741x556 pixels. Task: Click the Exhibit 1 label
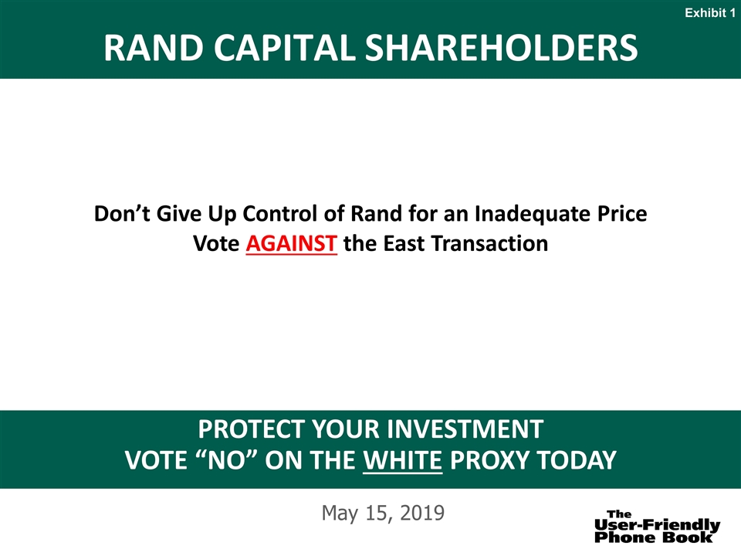point(710,13)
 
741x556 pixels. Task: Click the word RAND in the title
point(154,48)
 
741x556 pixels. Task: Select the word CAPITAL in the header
point(284,48)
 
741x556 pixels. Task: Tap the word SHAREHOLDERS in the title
point(502,48)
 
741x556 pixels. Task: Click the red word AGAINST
point(291,243)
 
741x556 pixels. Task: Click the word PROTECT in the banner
point(252,429)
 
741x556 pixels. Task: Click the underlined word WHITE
point(403,460)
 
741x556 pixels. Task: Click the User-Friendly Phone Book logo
point(657,526)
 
